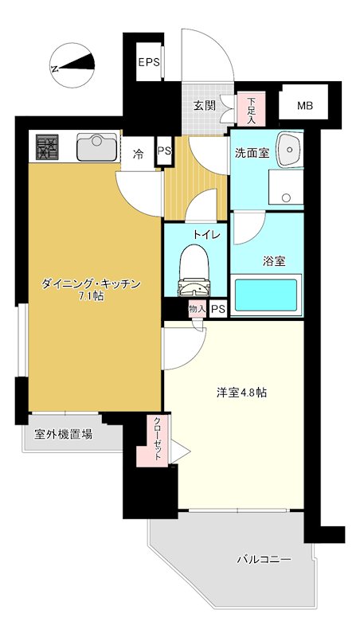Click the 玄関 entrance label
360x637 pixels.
204,106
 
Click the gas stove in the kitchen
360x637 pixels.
48,147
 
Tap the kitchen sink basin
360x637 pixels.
96,147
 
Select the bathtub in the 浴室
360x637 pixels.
266,295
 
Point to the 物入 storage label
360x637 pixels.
197,308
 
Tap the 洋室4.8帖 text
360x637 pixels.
241,393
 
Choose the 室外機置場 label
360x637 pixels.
63,435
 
